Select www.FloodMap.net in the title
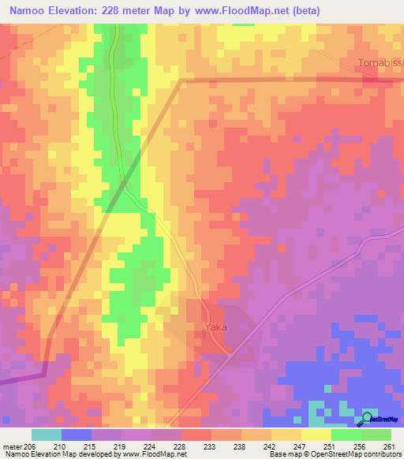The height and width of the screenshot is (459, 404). [x=260, y=11]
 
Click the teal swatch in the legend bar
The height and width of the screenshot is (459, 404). [x=47, y=435]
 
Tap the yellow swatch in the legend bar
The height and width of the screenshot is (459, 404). [x=316, y=435]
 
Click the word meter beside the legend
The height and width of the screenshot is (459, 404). [x=13, y=446]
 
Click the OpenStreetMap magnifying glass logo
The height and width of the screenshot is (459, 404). [x=366, y=419]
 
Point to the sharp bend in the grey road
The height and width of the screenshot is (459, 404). [x=182, y=80]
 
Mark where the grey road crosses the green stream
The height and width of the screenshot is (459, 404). [x=125, y=186]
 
